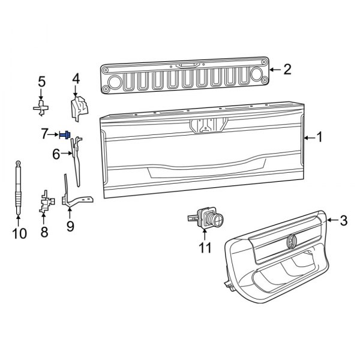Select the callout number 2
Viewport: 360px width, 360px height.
point(287,70)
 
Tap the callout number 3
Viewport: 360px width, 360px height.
point(343,221)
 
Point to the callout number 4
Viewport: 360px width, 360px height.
point(76,79)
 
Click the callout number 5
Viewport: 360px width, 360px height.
point(41,81)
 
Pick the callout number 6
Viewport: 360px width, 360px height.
point(56,155)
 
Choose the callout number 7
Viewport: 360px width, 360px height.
point(45,134)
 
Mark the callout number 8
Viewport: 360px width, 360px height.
point(44,232)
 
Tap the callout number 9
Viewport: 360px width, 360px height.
point(70,226)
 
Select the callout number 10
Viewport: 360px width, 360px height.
point(19,233)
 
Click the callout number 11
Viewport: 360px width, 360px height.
point(205,247)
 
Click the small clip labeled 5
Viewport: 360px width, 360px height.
point(41,108)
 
